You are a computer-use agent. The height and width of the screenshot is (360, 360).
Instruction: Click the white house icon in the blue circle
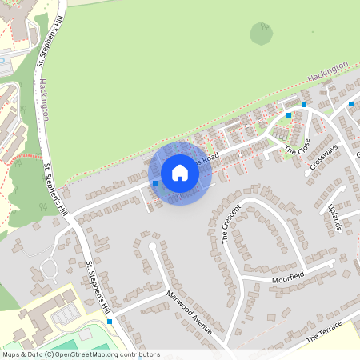180,173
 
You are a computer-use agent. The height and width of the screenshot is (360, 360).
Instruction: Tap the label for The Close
297,146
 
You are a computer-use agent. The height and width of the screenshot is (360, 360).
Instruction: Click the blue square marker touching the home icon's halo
155,183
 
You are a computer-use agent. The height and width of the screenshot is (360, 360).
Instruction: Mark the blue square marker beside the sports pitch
110,321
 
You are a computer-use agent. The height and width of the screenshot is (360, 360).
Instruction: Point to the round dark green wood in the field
261,33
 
